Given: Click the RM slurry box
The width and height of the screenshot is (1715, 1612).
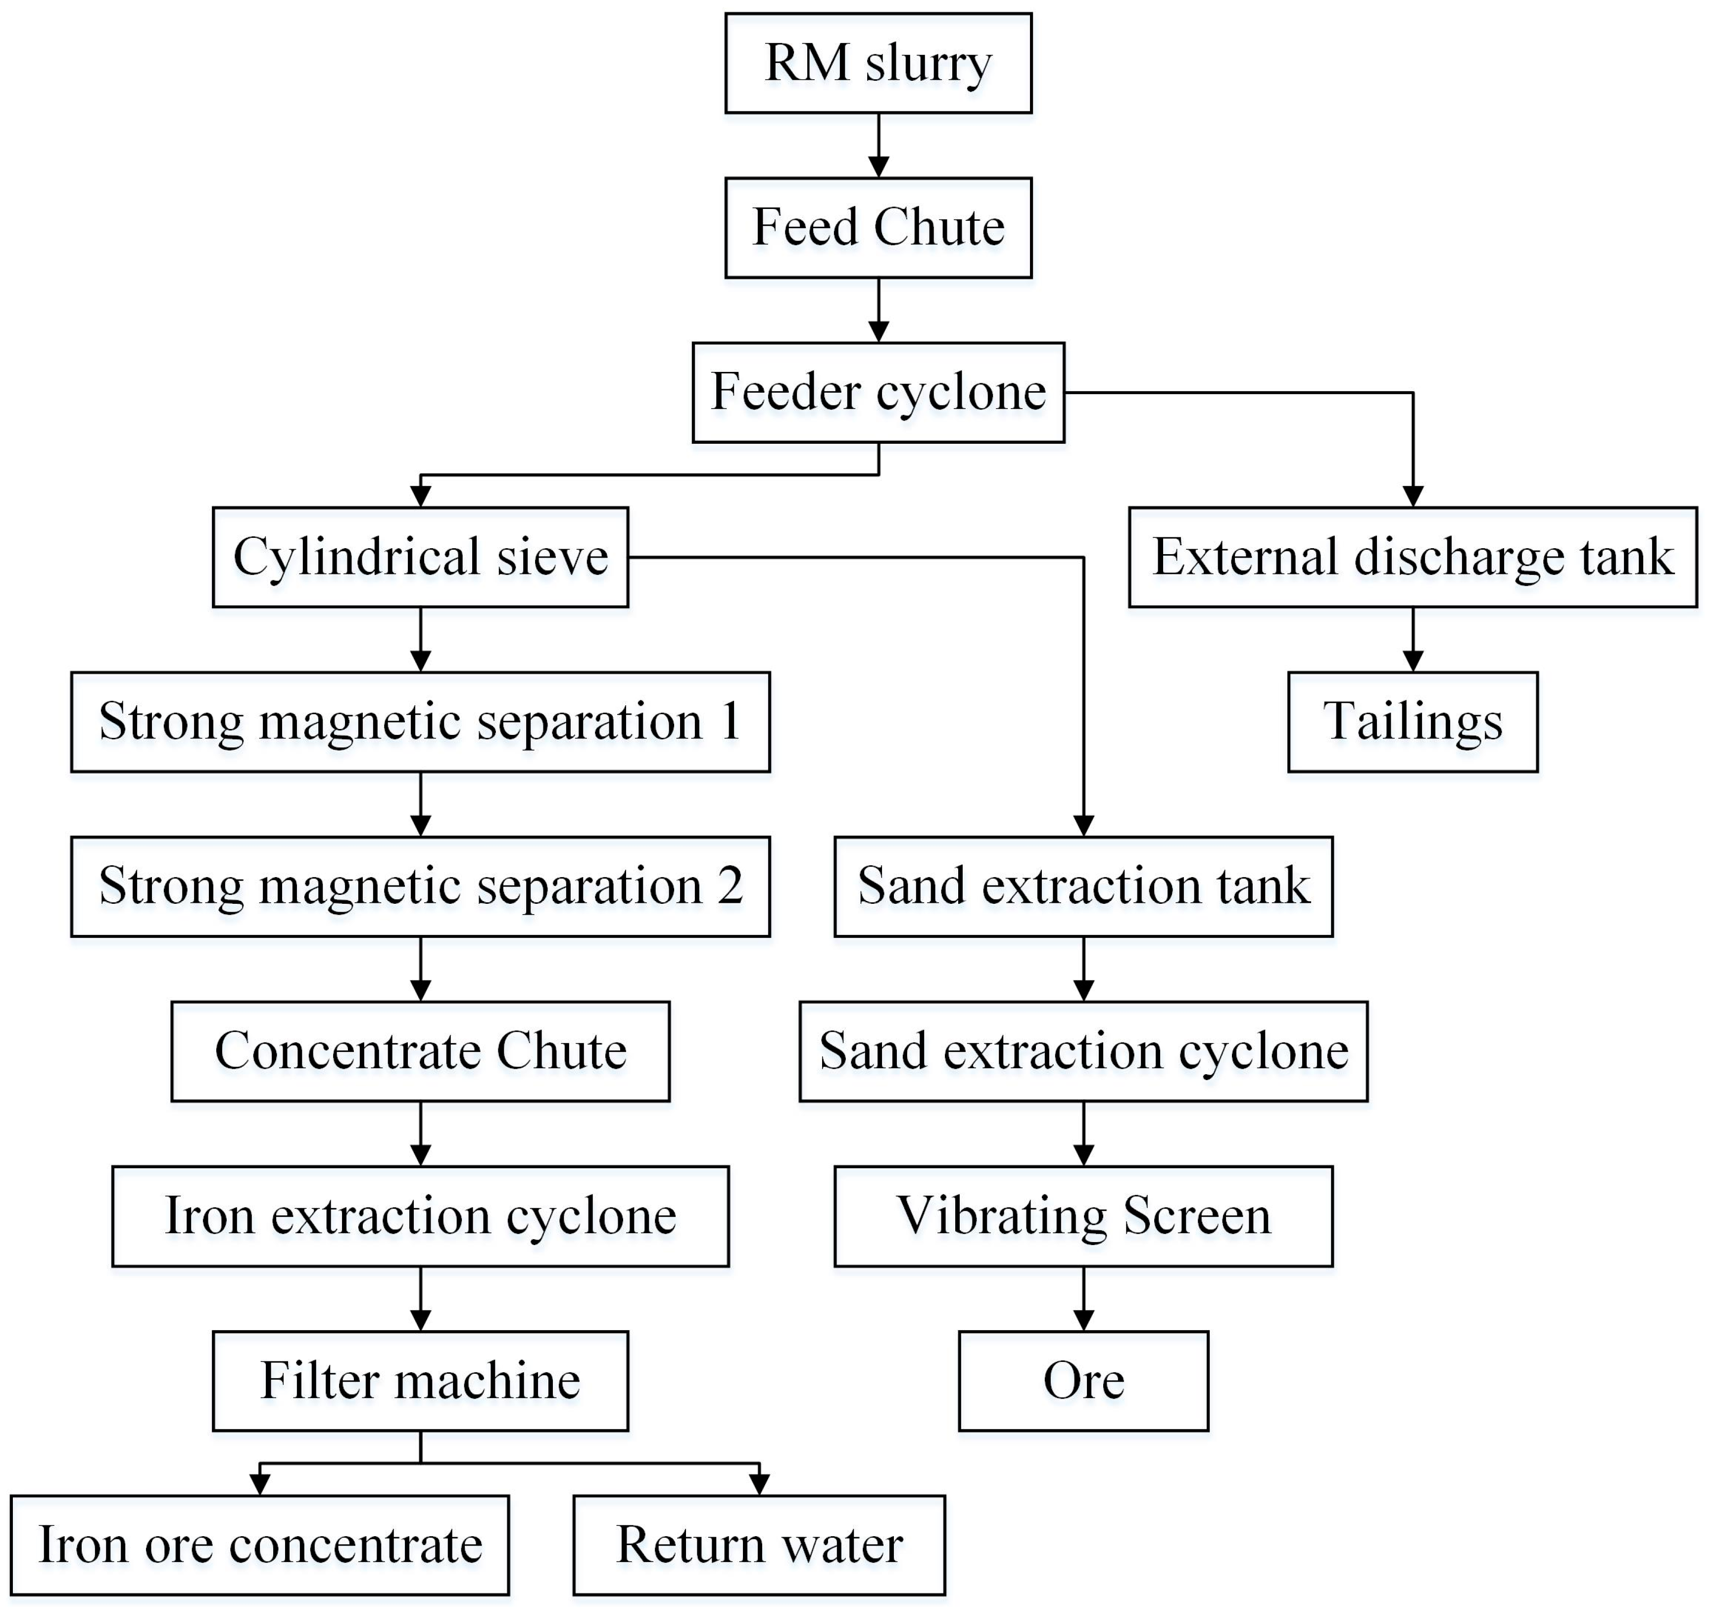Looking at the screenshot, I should pos(878,63).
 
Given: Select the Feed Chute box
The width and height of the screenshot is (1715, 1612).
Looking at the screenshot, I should pos(878,228).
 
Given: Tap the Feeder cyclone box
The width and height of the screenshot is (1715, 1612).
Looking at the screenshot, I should pos(878,393).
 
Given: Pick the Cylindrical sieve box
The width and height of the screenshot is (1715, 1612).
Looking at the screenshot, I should pos(420,558).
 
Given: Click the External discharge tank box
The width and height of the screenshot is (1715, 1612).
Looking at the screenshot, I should pos(1412,558).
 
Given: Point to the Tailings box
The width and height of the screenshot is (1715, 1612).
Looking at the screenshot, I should pos(1412,722).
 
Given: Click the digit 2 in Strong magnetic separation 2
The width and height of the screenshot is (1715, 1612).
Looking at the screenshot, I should pos(730,886).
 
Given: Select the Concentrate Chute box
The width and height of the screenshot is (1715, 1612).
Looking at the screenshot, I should pos(420,1051).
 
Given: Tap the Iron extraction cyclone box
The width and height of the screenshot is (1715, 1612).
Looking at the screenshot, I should pos(420,1216).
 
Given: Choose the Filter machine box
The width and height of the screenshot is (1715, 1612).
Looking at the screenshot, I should pos(420,1381).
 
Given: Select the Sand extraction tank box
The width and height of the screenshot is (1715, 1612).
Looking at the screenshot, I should pos(1083,886).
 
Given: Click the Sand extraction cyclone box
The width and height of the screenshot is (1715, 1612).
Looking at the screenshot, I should pos(1083,1051).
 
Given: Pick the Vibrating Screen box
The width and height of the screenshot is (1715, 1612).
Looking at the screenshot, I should pos(1083,1216).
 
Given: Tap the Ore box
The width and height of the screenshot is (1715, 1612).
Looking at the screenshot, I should pos(1083,1381).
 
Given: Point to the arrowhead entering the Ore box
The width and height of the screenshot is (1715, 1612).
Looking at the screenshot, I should pos(1083,1319).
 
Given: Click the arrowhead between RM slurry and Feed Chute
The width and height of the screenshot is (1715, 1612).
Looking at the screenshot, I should pos(878,166).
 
